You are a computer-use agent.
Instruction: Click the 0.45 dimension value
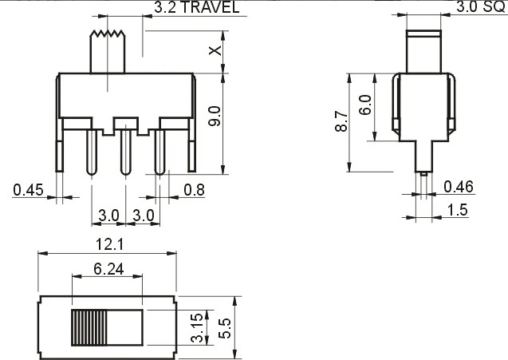click(27, 189)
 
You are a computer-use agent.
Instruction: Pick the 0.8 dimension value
click(194, 189)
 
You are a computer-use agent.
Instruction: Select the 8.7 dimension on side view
click(341, 122)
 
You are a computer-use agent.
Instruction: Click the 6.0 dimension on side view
click(365, 105)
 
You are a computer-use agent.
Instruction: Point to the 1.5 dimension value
click(457, 210)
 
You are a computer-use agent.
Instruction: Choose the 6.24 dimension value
click(108, 270)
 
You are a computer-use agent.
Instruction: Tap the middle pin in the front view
click(124, 152)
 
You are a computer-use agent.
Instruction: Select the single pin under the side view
click(423, 164)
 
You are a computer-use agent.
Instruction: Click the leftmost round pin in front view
click(91, 152)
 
